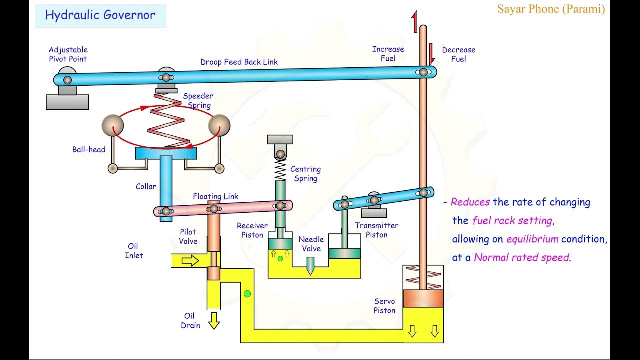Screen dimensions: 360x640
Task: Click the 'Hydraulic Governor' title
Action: click(100, 15)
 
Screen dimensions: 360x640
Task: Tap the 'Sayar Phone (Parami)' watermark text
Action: click(551, 9)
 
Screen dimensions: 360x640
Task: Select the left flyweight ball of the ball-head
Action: click(112, 125)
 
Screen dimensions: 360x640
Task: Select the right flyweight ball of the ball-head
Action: click(219, 125)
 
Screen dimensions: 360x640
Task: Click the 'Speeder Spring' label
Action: click(198, 100)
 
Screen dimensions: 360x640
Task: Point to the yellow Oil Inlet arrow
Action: click(190, 260)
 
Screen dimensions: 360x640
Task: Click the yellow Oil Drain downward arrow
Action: click(214, 320)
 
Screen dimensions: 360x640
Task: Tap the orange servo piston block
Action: click(423, 298)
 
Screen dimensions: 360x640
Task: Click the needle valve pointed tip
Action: click(310, 270)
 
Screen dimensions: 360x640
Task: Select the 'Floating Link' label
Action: click(215, 196)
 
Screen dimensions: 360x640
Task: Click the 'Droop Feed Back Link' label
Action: click(239, 62)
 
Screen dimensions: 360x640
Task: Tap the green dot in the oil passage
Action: click(247, 294)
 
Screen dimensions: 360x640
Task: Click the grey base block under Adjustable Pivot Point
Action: click(67, 102)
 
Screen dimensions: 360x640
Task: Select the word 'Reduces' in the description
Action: click(470, 202)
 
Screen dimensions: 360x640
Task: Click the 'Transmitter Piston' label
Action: click(376, 230)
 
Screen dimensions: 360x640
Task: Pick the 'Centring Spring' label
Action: click(305, 174)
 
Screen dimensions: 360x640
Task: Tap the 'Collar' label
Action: click(146, 187)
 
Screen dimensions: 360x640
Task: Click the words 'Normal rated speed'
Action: click(521, 258)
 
